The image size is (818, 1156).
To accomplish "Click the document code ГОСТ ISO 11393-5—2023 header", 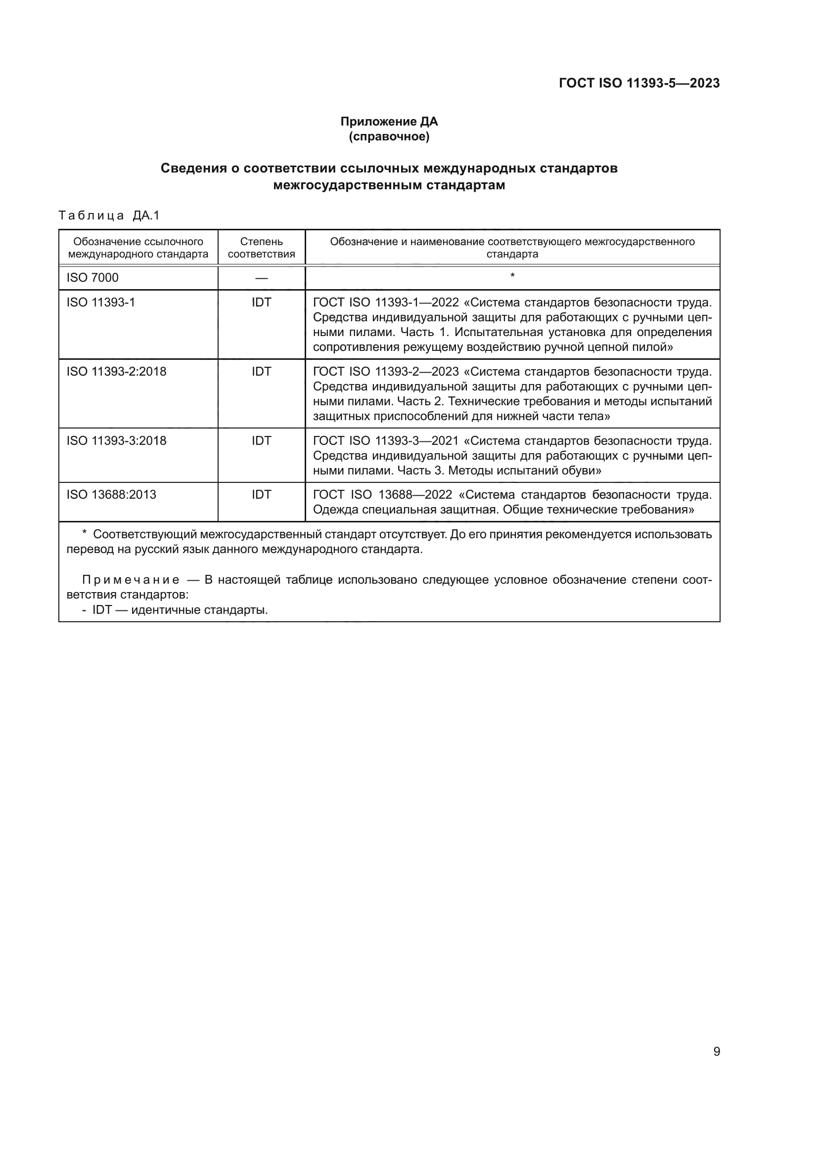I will click(638, 83).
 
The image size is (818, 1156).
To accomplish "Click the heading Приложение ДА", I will click(389, 122).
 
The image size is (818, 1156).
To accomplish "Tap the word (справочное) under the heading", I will click(389, 136).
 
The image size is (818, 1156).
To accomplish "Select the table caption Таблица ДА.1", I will click(109, 215).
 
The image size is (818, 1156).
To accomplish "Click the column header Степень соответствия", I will click(261, 248).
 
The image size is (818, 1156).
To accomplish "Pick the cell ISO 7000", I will click(92, 277).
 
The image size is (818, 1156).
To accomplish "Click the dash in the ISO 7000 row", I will click(261, 278).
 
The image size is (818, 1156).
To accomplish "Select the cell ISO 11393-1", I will click(101, 302).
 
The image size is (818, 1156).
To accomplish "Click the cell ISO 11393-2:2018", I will click(116, 372).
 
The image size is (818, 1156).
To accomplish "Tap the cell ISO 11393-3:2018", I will click(116, 440).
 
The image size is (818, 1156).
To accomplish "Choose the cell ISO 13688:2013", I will click(111, 494).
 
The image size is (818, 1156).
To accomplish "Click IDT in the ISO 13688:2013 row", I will click(261, 494).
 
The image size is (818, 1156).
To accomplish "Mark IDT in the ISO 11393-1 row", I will click(261, 302).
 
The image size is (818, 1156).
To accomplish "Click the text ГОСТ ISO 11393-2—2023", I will click(386, 372).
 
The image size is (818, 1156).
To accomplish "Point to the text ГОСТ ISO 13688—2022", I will click(382, 494).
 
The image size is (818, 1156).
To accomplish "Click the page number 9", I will click(716, 1052).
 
